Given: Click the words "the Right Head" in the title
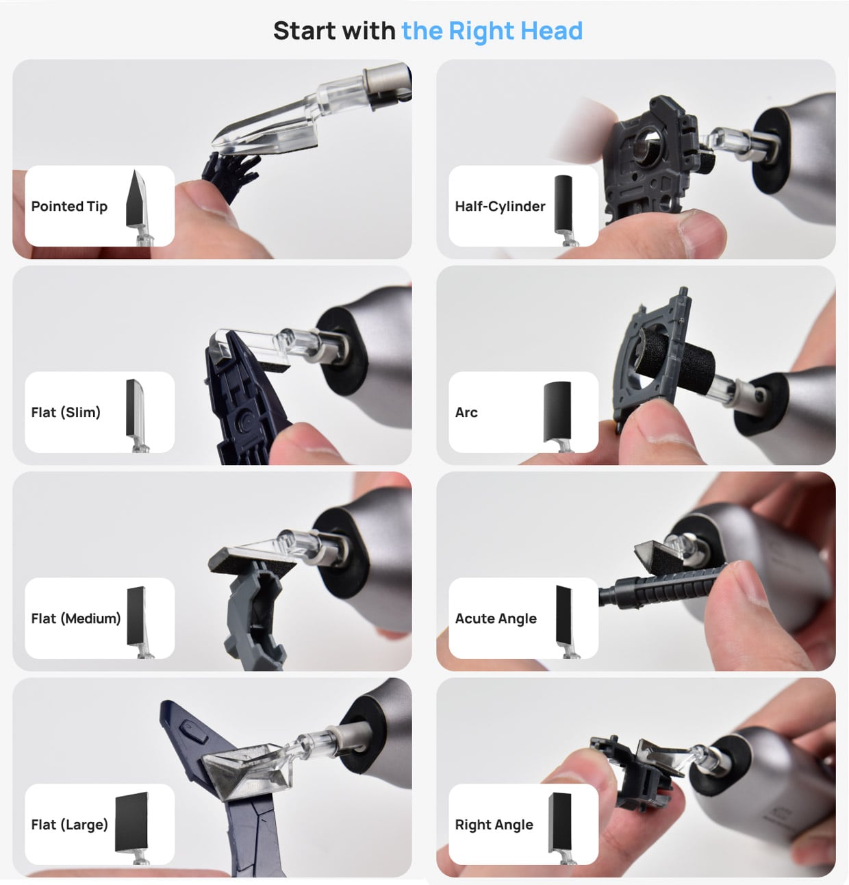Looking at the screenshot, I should pos(492,31).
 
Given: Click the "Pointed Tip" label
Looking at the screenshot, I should pos(69,206).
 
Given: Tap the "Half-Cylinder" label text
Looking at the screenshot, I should pos(500,206).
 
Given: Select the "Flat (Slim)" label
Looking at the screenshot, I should pos(66,412).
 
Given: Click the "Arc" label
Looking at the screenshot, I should pos(466,412).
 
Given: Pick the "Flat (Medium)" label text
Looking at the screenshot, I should pos(76,619).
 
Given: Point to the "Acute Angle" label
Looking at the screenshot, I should pos(496,619).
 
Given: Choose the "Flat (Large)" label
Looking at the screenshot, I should pos(69,824).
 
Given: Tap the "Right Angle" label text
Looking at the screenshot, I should pos(494,824).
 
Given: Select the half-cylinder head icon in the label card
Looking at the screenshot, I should pos(563,202).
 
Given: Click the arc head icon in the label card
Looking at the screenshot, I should pos(557,410).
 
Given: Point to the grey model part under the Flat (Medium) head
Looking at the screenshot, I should pos(253,610).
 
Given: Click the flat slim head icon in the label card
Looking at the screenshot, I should pos(135,408).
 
